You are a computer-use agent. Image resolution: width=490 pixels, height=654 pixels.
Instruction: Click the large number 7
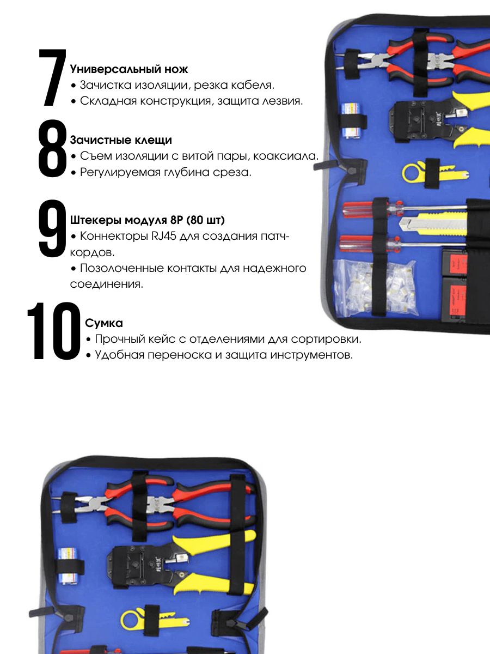coord(52,77)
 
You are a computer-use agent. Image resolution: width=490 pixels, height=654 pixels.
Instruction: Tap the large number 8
coord(53,148)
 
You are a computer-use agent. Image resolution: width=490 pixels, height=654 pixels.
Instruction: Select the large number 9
coord(52,228)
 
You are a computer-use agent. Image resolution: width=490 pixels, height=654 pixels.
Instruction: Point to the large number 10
coord(54,331)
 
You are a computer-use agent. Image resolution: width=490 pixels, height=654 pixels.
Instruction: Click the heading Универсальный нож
coord(129,69)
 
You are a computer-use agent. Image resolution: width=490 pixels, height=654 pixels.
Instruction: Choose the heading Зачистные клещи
coord(121,140)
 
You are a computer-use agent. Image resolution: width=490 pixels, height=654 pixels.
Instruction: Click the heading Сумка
coord(104,323)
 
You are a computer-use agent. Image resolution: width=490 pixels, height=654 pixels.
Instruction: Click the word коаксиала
coord(286,156)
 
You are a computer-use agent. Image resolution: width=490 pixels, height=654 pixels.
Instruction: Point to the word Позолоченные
coord(122,268)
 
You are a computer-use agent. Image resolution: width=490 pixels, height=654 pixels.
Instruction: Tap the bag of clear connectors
coord(376,288)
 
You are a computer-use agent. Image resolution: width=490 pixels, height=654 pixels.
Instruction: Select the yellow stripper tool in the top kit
coord(434,173)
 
